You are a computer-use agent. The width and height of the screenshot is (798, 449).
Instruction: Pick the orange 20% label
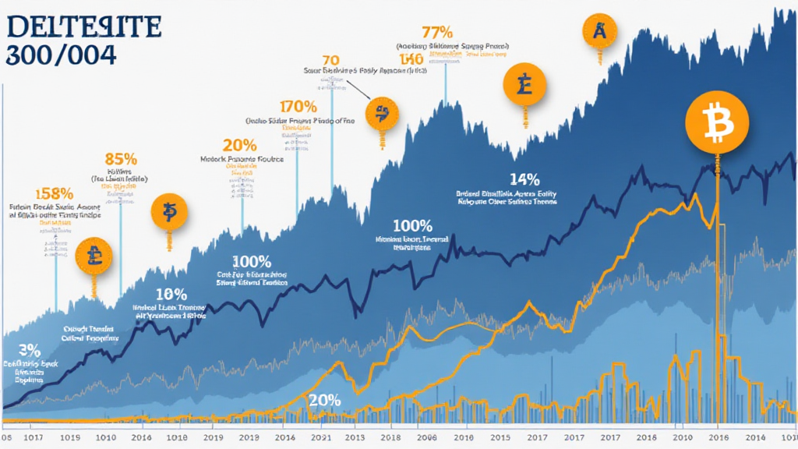tap(239, 145)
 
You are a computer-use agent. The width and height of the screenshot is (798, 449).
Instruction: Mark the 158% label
tap(55, 193)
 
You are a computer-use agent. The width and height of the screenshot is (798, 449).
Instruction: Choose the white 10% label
tap(171, 295)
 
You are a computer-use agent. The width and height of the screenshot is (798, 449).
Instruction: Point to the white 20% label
tap(324, 400)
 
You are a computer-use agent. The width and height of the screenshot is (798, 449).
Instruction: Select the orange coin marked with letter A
tap(599, 31)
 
